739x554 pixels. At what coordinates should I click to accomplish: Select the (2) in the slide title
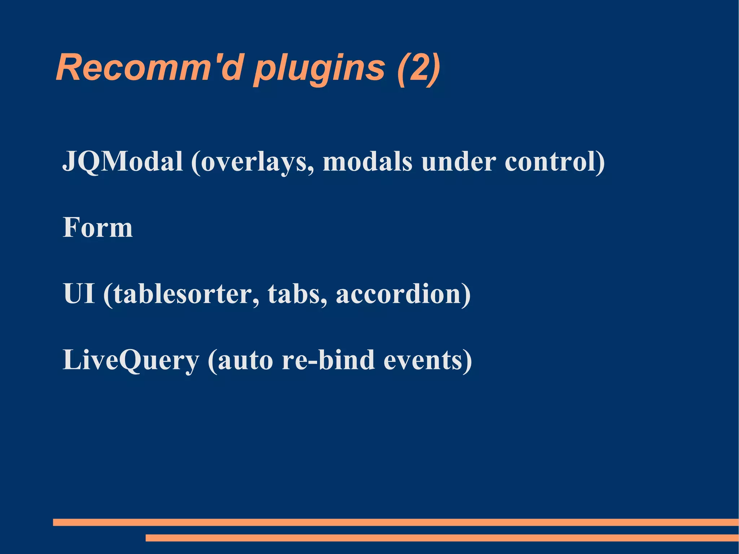419,69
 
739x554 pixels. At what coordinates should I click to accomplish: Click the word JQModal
123,161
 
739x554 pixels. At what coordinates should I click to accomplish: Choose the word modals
367,161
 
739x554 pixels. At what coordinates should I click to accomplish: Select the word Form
98,227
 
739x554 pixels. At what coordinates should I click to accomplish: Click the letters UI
79,293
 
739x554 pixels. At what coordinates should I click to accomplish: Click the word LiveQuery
131,360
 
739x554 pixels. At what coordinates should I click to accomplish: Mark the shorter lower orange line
442,538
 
